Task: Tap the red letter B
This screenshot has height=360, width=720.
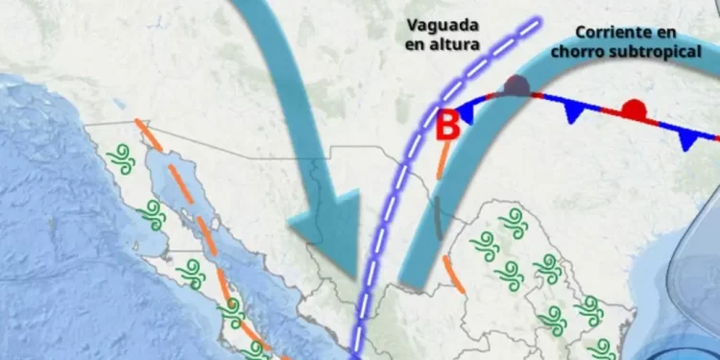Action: coord(446,125)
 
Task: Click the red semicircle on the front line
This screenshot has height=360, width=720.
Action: coord(633,108)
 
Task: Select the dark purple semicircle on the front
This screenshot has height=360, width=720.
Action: coord(517,86)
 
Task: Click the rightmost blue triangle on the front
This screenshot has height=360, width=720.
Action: coord(687,140)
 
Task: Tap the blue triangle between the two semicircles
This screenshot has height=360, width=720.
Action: coord(574,112)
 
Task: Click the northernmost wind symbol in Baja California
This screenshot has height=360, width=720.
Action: coord(120,155)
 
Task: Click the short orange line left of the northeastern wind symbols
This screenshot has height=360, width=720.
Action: coord(454,274)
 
